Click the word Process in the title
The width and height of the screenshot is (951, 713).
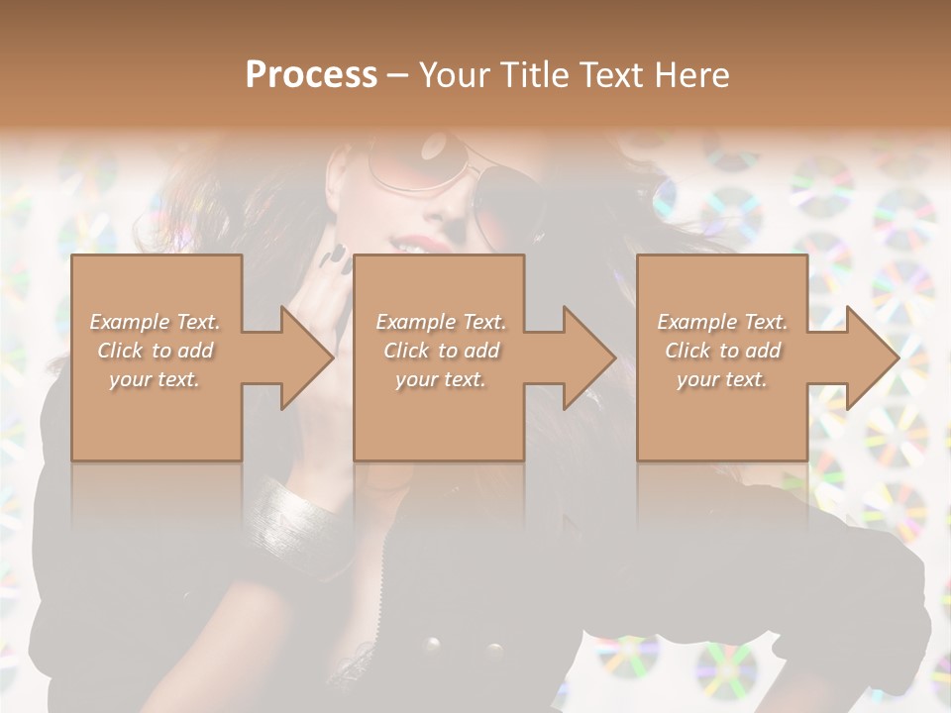(x=311, y=75)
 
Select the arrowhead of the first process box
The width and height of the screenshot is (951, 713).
(x=308, y=357)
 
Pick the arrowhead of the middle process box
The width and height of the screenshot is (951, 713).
(x=590, y=357)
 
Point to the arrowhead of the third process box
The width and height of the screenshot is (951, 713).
(x=873, y=357)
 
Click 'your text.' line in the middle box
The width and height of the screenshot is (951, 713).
(x=440, y=379)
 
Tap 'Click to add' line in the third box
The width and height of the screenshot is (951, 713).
(x=722, y=351)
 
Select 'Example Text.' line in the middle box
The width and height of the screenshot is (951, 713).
(x=440, y=322)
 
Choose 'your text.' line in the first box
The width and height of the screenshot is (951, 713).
(x=155, y=379)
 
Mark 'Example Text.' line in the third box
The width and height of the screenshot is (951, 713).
(x=722, y=322)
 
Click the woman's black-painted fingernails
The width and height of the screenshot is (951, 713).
(x=338, y=256)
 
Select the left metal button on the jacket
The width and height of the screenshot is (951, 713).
(x=433, y=646)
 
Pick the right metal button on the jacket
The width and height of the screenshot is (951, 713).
(x=492, y=652)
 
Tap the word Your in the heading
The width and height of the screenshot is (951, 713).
(x=453, y=75)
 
